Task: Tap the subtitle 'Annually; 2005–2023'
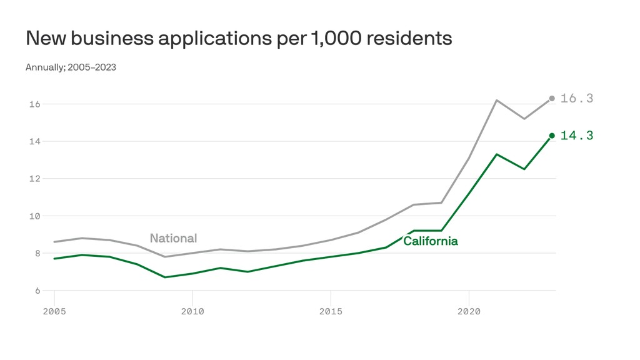(71, 67)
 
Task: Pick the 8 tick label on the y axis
(36, 253)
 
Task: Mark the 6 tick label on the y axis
(36, 291)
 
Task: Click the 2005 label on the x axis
(54, 311)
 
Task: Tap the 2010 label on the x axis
(192, 311)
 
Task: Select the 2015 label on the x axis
(331, 311)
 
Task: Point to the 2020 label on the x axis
(469, 311)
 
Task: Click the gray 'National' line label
(173, 238)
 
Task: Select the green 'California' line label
(430, 241)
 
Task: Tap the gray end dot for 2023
(552, 98)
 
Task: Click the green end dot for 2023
(552, 136)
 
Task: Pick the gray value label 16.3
(576, 98)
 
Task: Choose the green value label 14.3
(576, 136)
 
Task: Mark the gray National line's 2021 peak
(497, 100)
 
